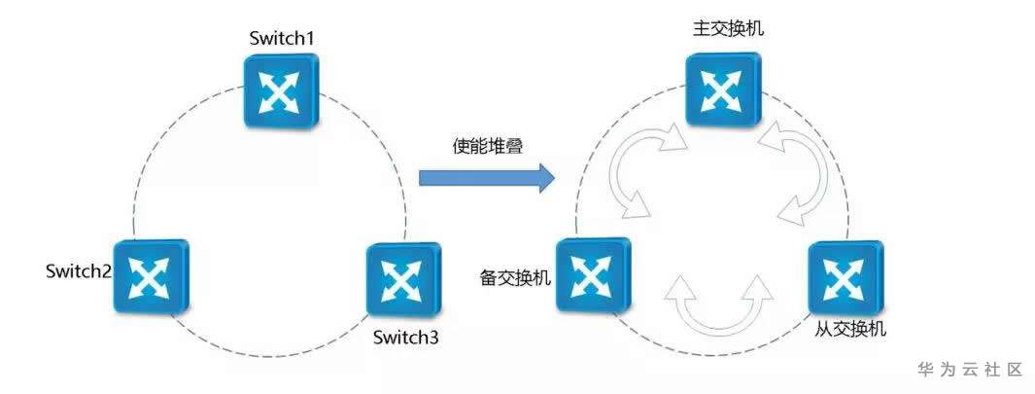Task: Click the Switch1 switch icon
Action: tap(280, 90)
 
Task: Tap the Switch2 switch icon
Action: tap(150, 276)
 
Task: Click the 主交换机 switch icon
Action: tap(721, 90)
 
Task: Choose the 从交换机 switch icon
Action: tap(844, 277)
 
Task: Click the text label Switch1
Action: tap(281, 39)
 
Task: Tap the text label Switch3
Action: tap(406, 339)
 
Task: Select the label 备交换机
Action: tap(516, 278)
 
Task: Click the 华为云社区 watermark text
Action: tap(971, 370)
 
